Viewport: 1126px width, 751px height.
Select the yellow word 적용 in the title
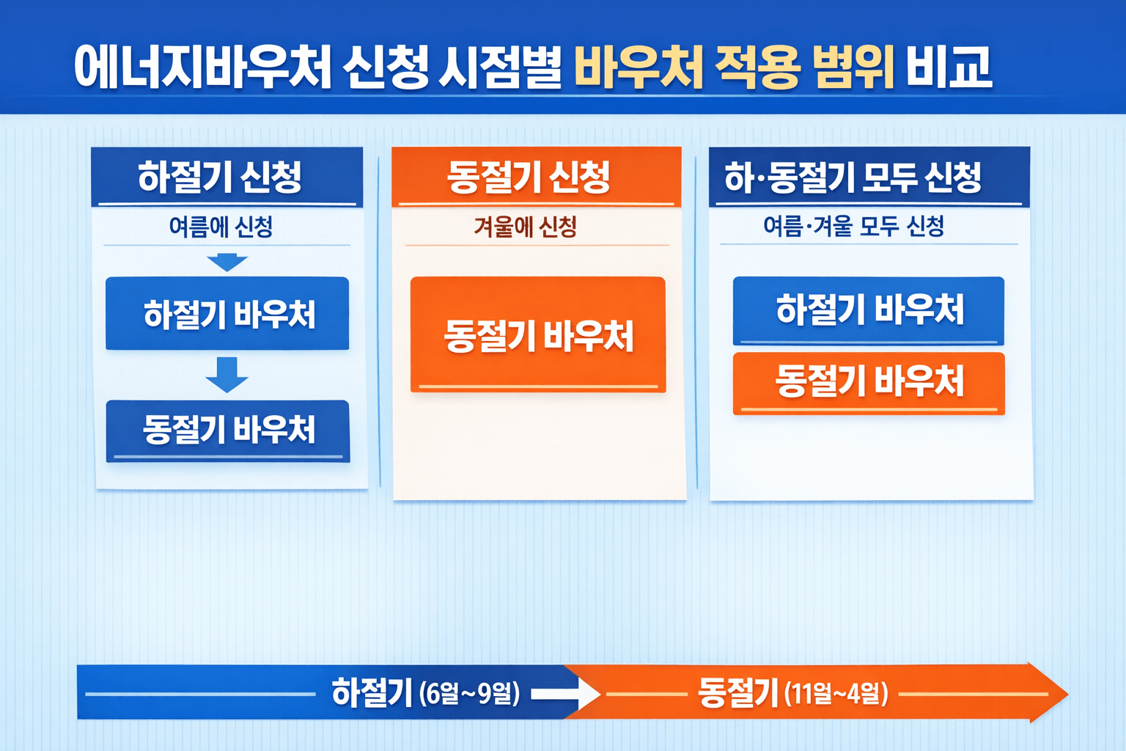(x=756, y=67)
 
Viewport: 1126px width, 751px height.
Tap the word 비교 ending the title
(x=949, y=67)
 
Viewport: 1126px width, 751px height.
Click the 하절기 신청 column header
(x=220, y=177)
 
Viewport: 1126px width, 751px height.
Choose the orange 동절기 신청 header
(x=529, y=177)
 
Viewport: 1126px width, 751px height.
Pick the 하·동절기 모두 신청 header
(x=853, y=177)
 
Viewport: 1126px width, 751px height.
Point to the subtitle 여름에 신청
(x=221, y=227)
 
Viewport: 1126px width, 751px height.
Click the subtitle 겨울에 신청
(x=525, y=227)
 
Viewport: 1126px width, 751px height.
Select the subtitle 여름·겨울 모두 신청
(x=853, y=226)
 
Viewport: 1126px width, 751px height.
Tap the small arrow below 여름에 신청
(x=227, y=262)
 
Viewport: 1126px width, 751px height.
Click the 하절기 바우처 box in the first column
(x=228, y=314)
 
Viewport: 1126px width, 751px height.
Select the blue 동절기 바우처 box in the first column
(x=228, y=431)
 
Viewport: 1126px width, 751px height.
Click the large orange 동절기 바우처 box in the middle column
(x=538, y=335)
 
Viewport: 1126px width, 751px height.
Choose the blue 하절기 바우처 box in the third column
(x=869, y=309)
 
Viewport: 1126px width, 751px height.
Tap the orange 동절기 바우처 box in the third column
(x=869, y=382)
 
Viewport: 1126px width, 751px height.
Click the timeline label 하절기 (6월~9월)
(x=425, y=692)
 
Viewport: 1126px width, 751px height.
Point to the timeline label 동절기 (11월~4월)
(x=792, y=692)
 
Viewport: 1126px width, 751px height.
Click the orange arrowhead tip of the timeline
(x=1056, y=693)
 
